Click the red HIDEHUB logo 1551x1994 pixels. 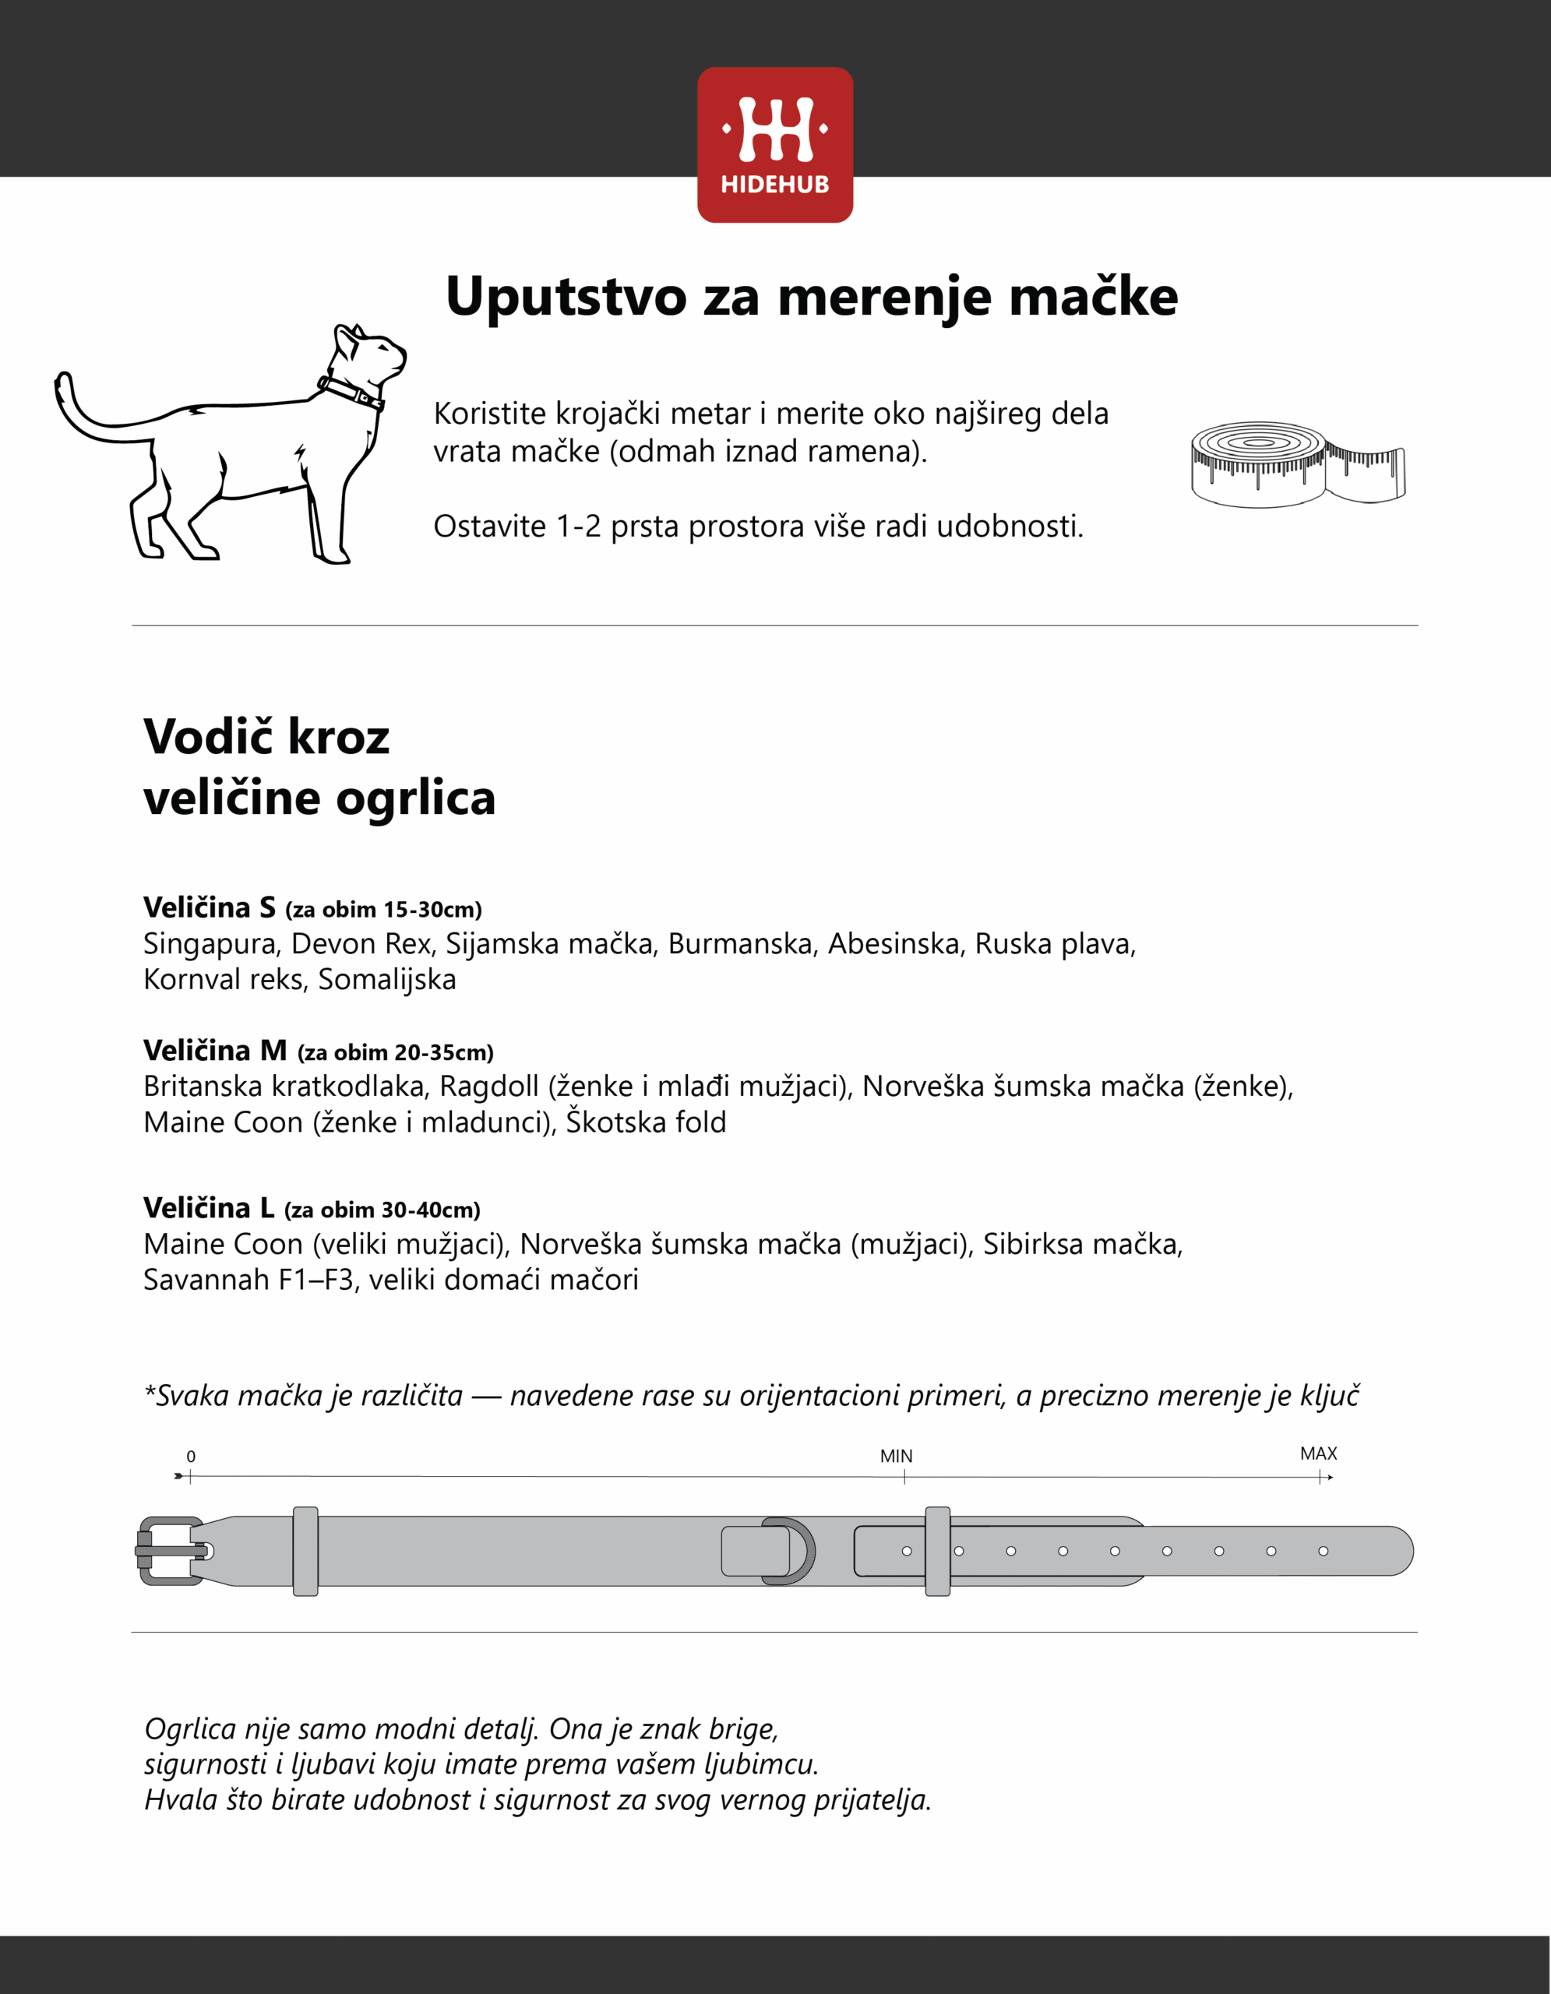click(775, 144)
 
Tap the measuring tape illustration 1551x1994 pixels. click(1296, 463)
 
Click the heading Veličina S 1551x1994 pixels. click(209, 907)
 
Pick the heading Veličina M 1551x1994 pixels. click(214, 1051)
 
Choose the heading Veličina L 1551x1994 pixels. click(209, 1208)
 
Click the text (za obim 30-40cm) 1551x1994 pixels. click(382, 1210)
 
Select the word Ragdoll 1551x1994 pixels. click(488, 1087)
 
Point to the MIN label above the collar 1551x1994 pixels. click(896, 1457)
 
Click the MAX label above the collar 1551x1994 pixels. click(1317, 1453)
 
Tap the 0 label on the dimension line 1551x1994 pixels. click(191, 1457)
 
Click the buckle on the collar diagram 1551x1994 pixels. click(171, 1552)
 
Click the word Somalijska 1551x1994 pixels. click(387, 980)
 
